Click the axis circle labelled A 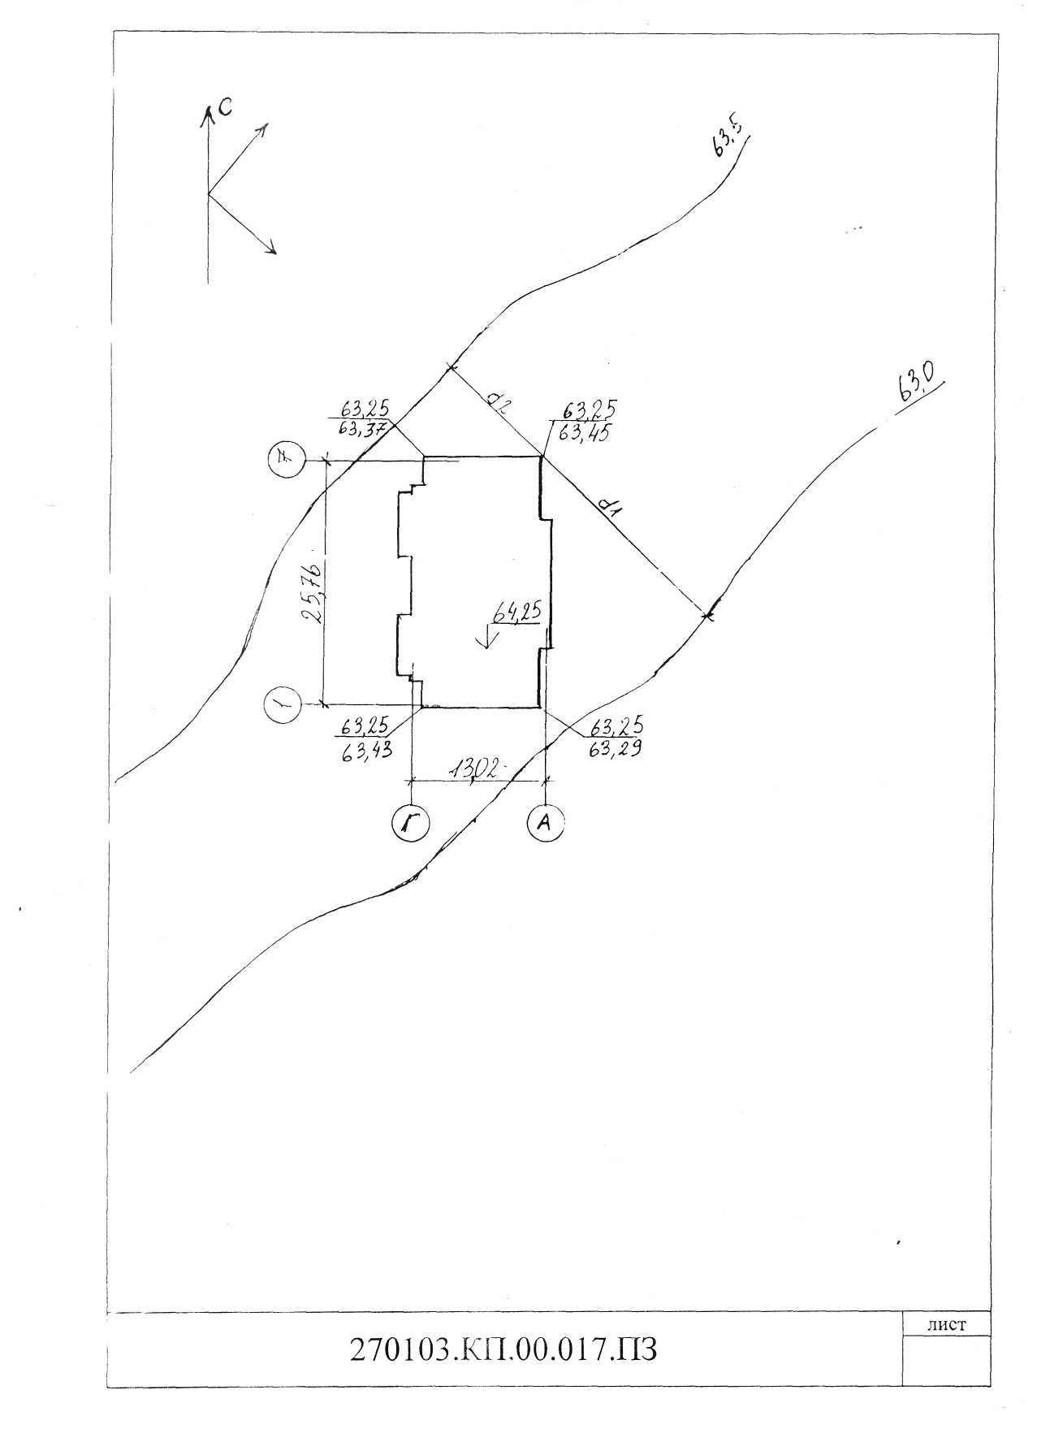click(546, 822)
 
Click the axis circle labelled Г click(411, 824)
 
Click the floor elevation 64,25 click(516, 614)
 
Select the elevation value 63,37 click(363, 427)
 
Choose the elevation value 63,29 click(614, 749)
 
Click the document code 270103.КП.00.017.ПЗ click(503, 1349)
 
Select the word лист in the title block click(946, 1325)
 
